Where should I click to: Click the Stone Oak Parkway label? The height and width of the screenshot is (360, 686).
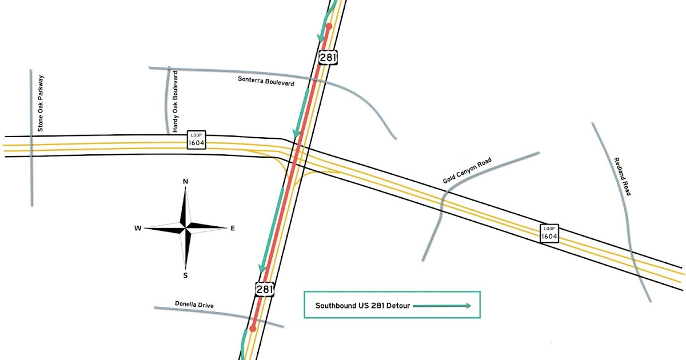coord(41,103)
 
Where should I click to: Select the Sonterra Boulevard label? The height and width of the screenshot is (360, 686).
coord(266,81)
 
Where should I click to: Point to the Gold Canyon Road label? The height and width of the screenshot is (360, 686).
coord(467,171)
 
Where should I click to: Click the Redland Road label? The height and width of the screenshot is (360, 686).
coord(621,177)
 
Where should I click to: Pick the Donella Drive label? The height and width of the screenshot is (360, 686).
coord(194,305)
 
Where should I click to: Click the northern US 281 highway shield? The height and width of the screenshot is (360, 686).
coord(328,57)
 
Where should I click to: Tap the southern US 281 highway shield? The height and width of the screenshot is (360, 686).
coord(265,289)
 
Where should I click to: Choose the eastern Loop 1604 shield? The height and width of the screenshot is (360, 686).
coord(549,233)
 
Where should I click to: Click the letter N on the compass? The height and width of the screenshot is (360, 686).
coord(185,182)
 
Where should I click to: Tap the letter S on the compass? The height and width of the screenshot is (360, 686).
coord(185,275)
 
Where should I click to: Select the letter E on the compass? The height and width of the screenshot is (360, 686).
coord(232,229)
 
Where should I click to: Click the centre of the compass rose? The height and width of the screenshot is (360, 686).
coord(185,229)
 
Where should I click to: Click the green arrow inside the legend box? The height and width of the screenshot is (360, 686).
coord(441,306)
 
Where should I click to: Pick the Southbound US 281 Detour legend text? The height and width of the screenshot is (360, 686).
coord(362,306)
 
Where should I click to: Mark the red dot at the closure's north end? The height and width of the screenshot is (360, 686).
coord(329,26)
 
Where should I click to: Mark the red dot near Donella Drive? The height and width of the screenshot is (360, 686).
coord(252,329)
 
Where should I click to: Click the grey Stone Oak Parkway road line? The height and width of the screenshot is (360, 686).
coord(31,171)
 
